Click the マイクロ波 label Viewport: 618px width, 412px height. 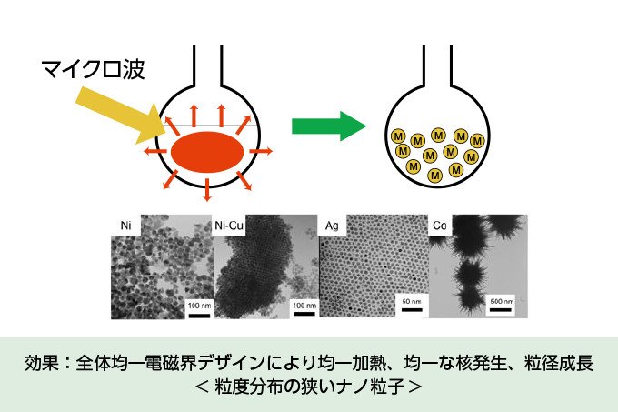(x=93, y=70)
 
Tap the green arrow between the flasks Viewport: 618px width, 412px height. (x=329, y=126)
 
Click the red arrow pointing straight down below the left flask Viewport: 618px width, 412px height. (x=207, y=190)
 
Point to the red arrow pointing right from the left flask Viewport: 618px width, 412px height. (x=261, y=151)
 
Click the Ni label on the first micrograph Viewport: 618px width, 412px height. (x=125, y=226)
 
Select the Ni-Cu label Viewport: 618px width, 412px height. (x=229, y=226)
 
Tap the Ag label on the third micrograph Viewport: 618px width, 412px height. (x=332, y=226)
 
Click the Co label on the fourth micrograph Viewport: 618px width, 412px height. (x=440, y=226)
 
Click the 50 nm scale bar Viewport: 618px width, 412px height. (x=412, y=310)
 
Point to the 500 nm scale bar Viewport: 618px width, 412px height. (x=501, y=310)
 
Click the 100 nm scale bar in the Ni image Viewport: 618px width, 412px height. (x=199, y=316)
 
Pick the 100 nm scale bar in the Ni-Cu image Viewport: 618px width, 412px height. (x=304, y=314)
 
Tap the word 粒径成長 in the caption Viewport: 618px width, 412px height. (x=559, y=363)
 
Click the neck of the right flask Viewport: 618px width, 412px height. (x=437, y=65)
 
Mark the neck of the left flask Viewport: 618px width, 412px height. (x=207, y=65)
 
